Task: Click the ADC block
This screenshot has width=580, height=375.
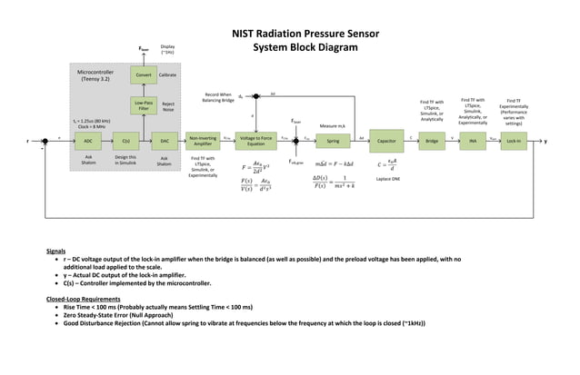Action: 87,142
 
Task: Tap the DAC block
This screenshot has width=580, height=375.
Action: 164,142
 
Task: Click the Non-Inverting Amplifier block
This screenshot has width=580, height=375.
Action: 204,142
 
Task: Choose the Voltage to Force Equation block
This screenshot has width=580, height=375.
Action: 255,142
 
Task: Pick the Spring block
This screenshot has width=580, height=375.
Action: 332,142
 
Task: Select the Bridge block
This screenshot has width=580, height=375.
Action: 432,142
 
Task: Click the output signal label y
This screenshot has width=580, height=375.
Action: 545,142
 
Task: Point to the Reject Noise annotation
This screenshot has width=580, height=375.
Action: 168,107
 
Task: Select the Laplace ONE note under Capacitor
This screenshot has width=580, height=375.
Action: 387,180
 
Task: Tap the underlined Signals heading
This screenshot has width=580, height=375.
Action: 56,250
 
